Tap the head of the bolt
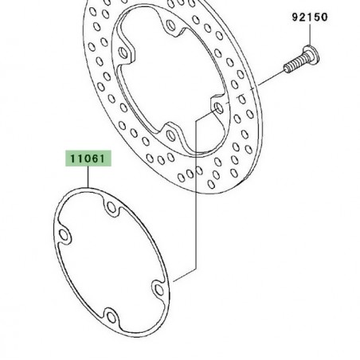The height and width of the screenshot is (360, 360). point(311,55)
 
